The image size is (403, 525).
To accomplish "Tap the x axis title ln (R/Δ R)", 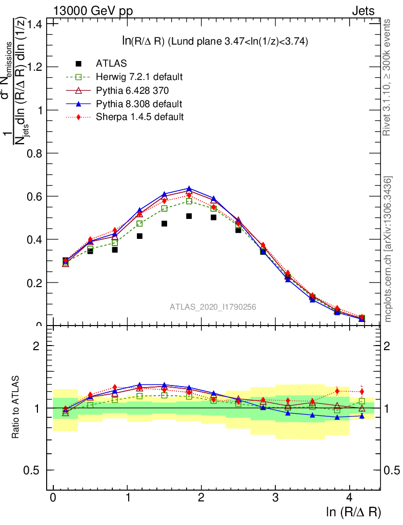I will (x=353, y=512).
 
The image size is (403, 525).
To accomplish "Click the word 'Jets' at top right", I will (x=363, y=10).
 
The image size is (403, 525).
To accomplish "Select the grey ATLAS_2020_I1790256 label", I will (x=213, y=307).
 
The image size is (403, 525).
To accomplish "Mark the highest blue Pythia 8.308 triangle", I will (x=189, y=189).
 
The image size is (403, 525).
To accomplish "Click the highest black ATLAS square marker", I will (x=189, y=216).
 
